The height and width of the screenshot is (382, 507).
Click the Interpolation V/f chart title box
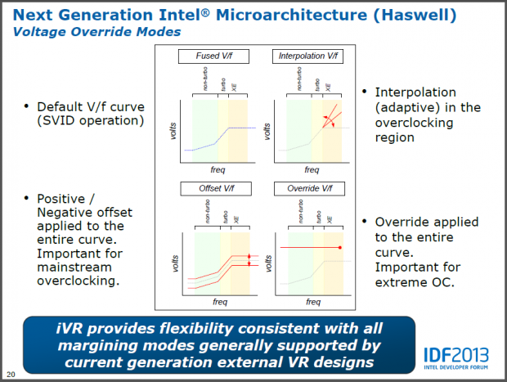307,56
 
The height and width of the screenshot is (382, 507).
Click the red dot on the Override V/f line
339,246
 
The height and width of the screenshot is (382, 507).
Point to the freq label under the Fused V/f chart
217,171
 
